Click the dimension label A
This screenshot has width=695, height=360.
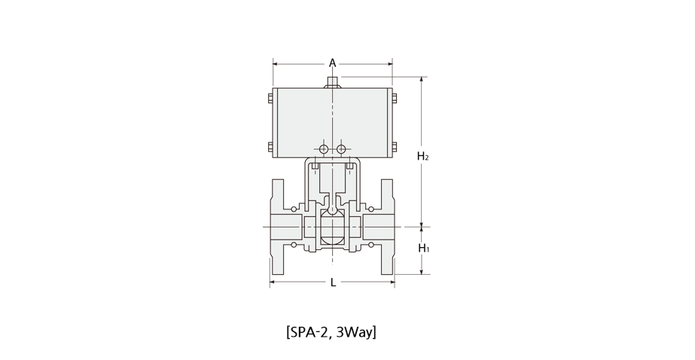point(332,63)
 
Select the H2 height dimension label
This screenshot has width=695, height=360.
point(423,156)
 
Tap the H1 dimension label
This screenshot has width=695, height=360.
point(424,248)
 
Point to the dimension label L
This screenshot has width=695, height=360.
point(334,282)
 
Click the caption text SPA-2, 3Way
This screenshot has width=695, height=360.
point(331,331)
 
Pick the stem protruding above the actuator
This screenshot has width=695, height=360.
point(332,82)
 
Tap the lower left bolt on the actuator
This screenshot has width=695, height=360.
point(270,147)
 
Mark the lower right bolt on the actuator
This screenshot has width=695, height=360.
point(395,147)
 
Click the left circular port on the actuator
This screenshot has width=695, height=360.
point(324,148)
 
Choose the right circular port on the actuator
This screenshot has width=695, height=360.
point(341,148)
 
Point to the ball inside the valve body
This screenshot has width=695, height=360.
point(332,227)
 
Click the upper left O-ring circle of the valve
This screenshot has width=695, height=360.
point(294,209)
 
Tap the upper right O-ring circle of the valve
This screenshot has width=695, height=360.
point(371,209)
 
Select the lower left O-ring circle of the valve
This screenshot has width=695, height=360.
point(294,244)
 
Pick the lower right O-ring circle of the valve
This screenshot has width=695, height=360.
point(371,244)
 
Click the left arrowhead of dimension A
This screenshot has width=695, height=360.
point(276,64)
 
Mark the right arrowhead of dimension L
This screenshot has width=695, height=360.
point(392,282)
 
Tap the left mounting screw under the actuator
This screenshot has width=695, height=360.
point(314,166)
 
